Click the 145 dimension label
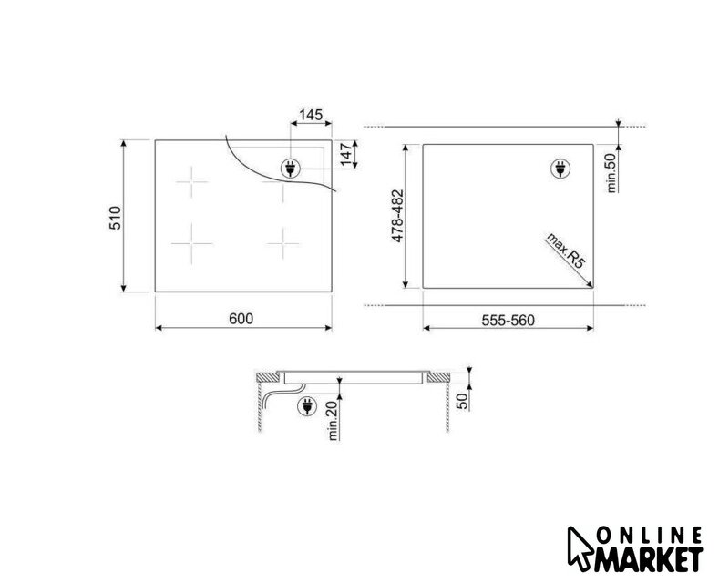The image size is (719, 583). tap(311, 114)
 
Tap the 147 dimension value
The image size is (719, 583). tap(346, 155)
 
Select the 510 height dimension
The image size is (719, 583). tap(115, 218)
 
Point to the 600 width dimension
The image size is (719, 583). tap(241, 319)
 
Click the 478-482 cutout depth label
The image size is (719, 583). tap(397, 216)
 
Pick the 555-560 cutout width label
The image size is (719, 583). tap(508, 320)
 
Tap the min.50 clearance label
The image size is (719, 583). tap(611, 173)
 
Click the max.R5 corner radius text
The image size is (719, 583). tap(566, 251)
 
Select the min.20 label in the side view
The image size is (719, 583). tap(334, 420)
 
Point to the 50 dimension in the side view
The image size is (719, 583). tap(463, 401)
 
